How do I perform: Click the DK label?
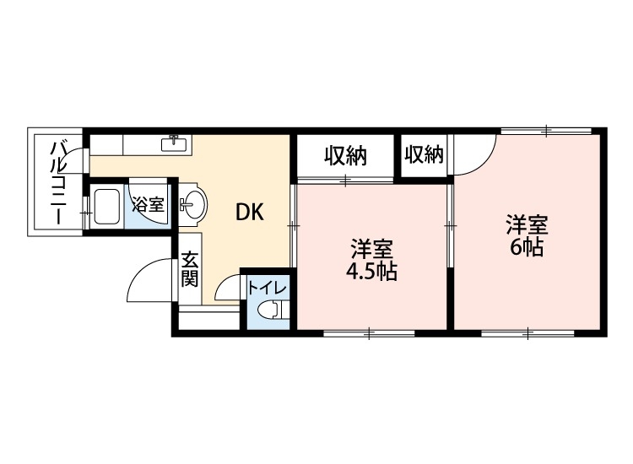tap(250, 213)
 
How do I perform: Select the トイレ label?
tap(268, 288)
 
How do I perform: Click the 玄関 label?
tap(190, 269)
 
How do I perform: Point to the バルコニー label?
tap(59, 181)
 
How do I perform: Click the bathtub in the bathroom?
tap(107, 208)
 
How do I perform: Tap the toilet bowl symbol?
tap(269, 310)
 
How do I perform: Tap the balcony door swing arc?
tap(77, 160)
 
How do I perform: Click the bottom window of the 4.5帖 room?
tap(369, 334)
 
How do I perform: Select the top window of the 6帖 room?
tap(544, 131)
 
